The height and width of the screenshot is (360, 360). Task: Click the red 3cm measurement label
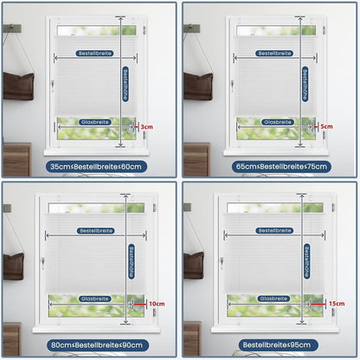(146, 127)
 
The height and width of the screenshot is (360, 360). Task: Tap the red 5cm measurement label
(326, 126)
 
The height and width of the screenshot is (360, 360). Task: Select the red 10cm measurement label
(157, 304)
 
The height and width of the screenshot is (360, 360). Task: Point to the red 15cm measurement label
(337, 304)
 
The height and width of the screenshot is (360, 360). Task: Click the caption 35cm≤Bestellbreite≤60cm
(96, 166)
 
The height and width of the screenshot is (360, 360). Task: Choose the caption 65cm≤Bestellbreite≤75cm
(281, 166)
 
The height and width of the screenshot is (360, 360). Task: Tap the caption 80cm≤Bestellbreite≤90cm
(97, 345)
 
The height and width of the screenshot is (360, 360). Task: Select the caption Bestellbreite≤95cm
(277, 345)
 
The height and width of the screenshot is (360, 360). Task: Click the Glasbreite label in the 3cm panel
(95, 122)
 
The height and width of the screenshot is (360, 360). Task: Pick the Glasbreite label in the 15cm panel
(273, 299)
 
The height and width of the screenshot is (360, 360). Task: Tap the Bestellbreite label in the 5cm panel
(274, 54)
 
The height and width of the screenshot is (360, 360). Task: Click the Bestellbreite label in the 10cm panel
(96, 231)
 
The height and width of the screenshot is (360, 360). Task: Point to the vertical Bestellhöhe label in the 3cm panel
(125, 84)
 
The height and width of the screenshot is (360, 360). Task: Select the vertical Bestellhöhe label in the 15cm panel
(306, 261)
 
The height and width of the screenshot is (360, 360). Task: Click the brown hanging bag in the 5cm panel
(198, 87)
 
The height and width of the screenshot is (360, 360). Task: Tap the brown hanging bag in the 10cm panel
(13, 267)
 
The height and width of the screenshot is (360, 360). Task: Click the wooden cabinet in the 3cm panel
(16, 159)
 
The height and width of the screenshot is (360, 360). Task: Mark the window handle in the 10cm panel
(42, 264)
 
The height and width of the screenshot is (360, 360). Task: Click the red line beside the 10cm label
(140, 304)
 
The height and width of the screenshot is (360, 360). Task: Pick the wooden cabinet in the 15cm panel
(193, 339)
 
